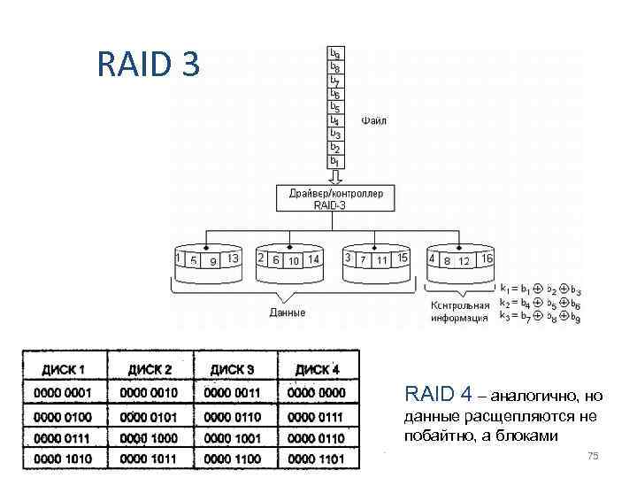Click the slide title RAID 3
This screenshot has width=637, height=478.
150,64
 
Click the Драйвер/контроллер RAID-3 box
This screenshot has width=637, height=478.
335,198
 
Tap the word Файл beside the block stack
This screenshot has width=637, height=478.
373,120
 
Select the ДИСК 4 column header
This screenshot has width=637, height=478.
316,369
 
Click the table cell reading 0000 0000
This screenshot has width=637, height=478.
316,392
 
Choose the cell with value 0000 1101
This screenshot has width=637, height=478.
316,458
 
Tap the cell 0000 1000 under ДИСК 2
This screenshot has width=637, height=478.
148,437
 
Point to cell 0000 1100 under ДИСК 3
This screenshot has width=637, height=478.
233,458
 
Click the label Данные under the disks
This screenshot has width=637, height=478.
287,312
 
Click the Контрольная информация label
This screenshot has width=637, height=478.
459,311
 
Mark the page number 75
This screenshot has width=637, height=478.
593,455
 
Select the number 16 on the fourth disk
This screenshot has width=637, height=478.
486,258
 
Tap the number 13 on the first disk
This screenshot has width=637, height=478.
233,258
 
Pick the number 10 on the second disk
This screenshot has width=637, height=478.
294,260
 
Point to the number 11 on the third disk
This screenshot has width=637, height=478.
381,260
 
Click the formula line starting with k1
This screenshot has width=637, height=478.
540,289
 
